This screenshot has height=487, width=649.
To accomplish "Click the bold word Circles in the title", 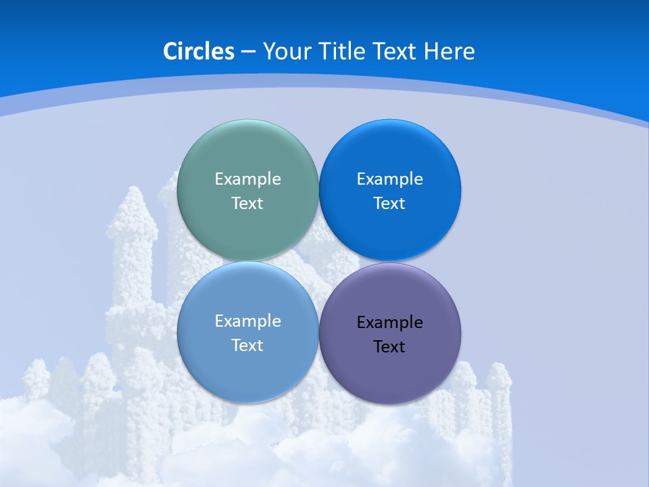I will (199, 51).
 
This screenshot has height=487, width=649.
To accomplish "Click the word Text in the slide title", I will (398, 51).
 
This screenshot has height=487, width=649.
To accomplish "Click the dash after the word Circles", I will (248, 52).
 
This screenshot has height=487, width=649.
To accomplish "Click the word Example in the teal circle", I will (247, 179).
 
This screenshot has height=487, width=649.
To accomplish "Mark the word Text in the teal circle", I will (247, 204).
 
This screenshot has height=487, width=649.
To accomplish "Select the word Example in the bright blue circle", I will (389, 179).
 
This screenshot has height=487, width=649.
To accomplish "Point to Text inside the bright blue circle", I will (389, 204).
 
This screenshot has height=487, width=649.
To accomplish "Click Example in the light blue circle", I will (247, 321).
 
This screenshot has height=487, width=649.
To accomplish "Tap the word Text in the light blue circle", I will (247, 346).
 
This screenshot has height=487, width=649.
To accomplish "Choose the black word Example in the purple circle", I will (389, 323).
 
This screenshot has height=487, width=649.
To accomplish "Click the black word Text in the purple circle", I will (389, 347).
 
